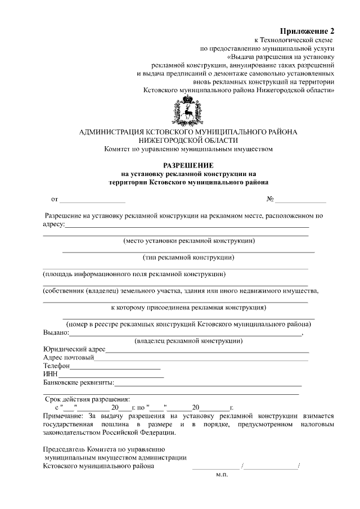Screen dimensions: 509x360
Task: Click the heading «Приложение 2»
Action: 307,30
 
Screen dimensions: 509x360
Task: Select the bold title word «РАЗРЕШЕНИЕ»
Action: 188,165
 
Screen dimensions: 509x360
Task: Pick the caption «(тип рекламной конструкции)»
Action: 188,258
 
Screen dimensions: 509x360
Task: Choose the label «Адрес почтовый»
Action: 68,357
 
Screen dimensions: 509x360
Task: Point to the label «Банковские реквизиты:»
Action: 79,383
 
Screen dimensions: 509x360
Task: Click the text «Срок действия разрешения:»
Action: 87,399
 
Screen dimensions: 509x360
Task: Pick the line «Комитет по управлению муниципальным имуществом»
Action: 188,149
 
